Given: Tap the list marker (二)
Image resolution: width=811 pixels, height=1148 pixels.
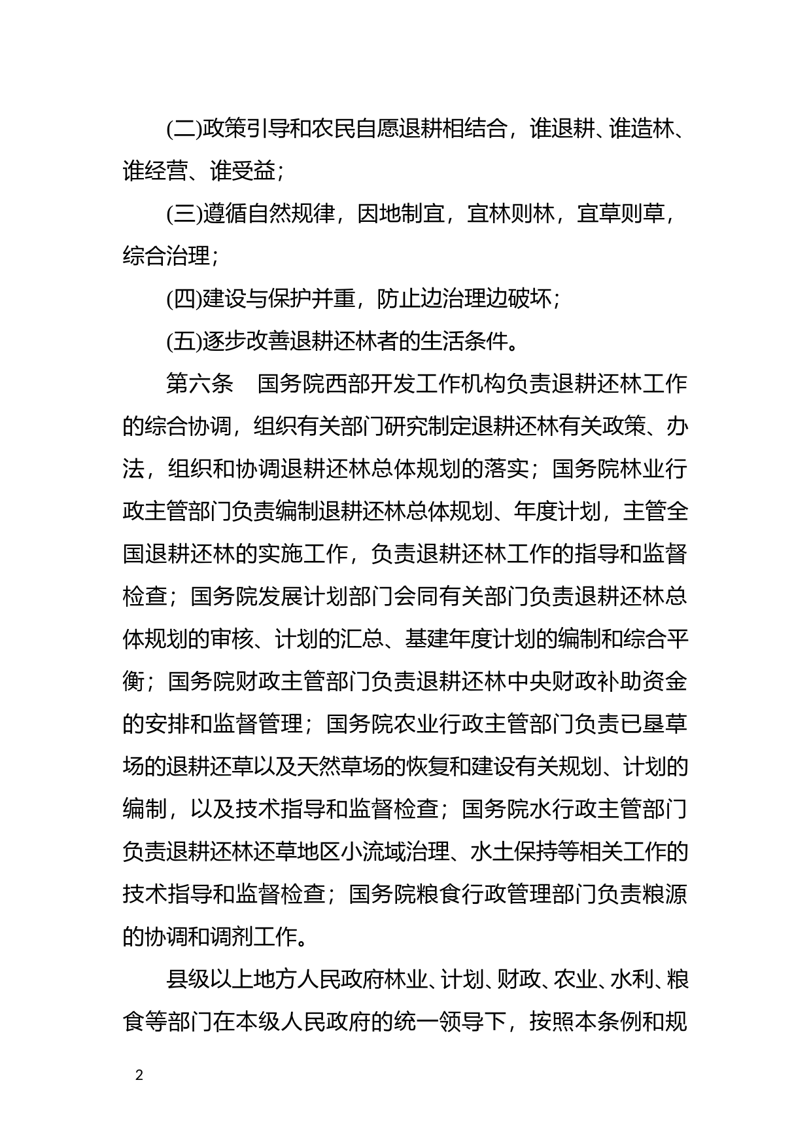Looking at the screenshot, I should click(184, 128).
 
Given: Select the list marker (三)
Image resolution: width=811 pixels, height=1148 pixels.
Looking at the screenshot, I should click(184, 214).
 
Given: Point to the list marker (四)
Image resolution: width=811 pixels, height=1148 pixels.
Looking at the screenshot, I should click(184, 299).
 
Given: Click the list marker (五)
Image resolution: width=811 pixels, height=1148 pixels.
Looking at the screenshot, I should click(184, 342).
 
